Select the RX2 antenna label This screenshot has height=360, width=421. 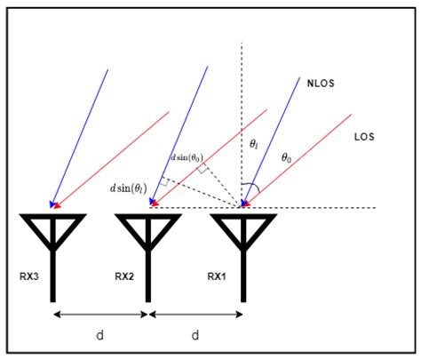(x=124, y=276)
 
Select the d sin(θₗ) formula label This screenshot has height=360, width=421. (x=128, y=187)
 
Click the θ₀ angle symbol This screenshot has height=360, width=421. (x=286, y=157)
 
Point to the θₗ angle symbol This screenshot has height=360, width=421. (x=253, y=142)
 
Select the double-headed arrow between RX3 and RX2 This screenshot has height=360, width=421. (x=99, y=314)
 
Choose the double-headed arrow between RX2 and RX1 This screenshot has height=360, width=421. (x=195, y=314)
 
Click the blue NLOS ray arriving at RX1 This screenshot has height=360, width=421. (x=271, y=142)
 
